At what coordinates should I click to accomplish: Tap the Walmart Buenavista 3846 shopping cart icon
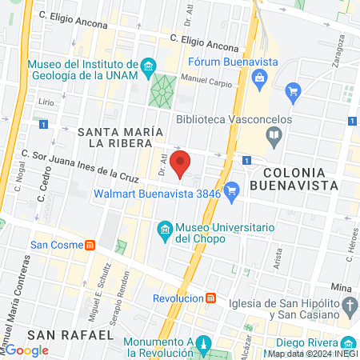(232, 190)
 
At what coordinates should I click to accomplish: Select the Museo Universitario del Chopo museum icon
(165, 231)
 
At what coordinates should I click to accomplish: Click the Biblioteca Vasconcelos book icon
(274, 136)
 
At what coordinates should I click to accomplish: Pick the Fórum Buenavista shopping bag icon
(259, 78)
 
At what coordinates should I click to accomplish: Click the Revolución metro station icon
(210, 298)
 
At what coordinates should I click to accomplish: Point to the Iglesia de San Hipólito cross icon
(349, 305)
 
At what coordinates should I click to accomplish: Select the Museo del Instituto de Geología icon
(147, 65)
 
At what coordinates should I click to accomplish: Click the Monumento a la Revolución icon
(203, 346)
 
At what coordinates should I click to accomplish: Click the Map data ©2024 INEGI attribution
(312, 354)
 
